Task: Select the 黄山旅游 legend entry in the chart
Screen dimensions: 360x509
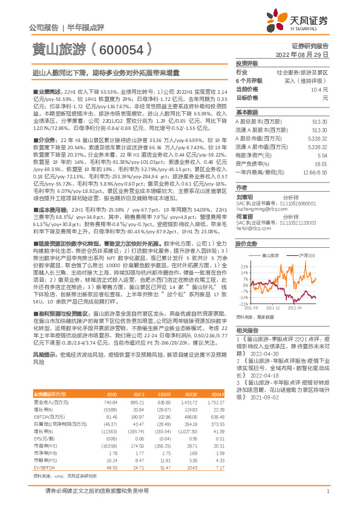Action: pos(273,256)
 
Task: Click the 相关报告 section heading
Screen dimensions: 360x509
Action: pos(247,347)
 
